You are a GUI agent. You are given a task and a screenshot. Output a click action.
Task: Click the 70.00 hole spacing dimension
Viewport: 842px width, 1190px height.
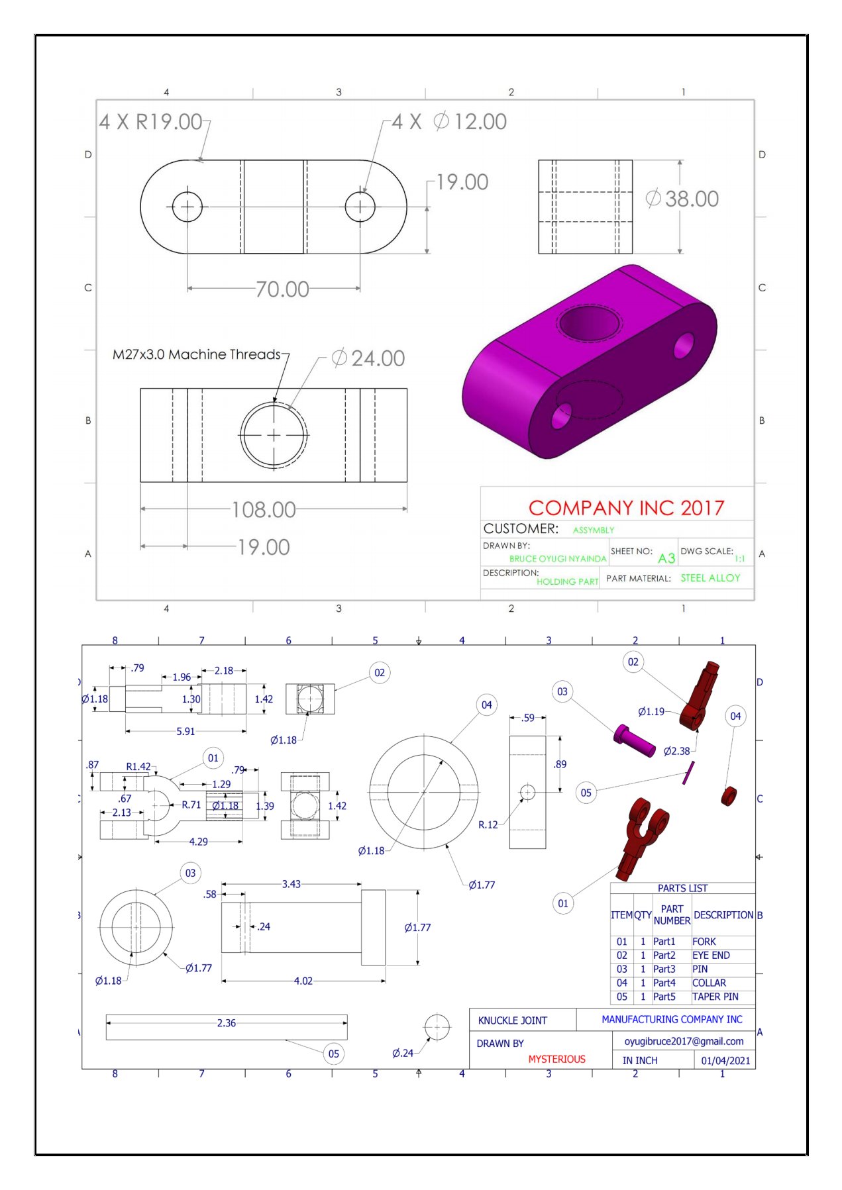[x=282, y=289]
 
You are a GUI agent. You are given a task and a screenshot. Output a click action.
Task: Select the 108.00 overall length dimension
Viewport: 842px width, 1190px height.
[x=264, y=510]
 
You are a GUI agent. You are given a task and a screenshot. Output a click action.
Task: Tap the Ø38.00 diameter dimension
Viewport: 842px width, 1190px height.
[x=682, y=199]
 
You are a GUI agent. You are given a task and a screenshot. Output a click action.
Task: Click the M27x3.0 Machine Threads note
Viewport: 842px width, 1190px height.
[x=196, y=354]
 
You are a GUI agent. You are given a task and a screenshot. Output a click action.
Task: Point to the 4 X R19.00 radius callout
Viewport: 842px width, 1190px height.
[x=151, y=122]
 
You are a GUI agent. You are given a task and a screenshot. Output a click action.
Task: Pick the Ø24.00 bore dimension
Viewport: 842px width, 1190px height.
[x=368, y=358]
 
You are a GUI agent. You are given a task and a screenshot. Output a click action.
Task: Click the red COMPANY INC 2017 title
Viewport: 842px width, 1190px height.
[x=626, y=508]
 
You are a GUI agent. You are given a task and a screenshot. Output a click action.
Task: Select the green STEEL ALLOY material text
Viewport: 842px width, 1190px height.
[x=710, y=578]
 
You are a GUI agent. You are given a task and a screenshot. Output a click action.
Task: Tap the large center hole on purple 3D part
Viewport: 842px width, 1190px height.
[x=589, y=322]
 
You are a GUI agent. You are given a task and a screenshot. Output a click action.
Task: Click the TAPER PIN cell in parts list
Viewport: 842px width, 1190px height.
[x=715, y=997]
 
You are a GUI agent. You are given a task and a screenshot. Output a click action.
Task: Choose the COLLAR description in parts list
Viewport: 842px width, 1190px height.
[x=709, y=983]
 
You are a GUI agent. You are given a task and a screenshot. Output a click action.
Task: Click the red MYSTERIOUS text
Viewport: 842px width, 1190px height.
[x=556, y=1059]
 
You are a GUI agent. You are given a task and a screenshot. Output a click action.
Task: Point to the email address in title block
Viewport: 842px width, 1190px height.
[x=684, y=1041]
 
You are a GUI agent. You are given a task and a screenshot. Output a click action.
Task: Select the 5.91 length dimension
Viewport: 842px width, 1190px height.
[x=185, y=731]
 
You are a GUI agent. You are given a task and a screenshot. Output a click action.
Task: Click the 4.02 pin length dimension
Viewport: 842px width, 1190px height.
[x=303, y=981]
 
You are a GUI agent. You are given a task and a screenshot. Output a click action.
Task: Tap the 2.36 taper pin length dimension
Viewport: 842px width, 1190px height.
[x=227, y=1023]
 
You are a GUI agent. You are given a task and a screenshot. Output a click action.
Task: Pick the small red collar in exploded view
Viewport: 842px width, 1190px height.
[x=729, y=795]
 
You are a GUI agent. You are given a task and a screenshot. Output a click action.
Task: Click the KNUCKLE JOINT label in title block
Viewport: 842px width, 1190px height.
[x=512, y=1020]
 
